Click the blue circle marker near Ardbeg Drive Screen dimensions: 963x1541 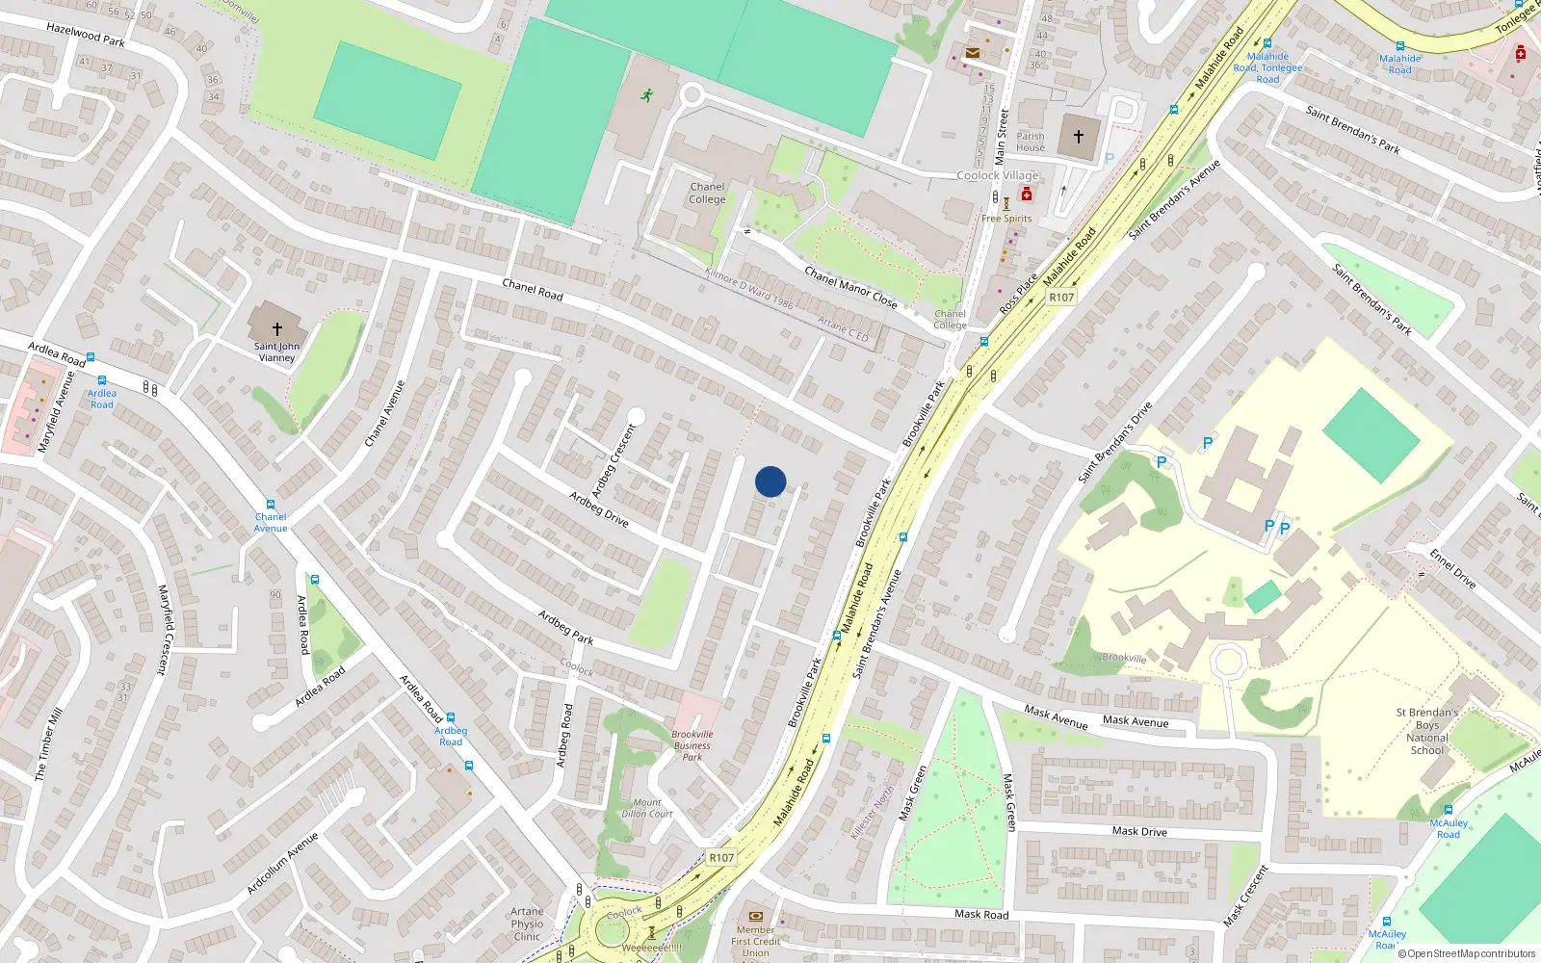click(x=770, y=481)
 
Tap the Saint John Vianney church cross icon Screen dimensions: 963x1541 click(x=276, y=329)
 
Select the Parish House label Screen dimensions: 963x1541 click(x=1030, y=142)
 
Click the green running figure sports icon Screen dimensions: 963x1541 click(x=647, y=95)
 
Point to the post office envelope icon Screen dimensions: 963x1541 click(x=973, y=53)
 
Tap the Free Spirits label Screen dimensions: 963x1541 click(x=1006, y=219)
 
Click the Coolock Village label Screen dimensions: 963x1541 click(x=998, y=175)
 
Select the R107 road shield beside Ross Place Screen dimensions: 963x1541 click(x=1061, y=298)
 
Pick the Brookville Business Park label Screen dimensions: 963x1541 click(x=692, y=745)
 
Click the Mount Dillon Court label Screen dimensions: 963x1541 click(x=647, y=808)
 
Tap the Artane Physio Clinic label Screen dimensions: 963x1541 click(x=527, y=924)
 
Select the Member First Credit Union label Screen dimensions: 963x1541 click(x=756, y=941)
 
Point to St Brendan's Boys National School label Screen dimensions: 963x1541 click(x=1427, y=731)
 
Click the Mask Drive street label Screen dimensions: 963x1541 click(x=1139, y=831)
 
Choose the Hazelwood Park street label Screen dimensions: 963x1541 click(x=86, y=35)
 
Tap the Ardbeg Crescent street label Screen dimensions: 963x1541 click(x=614, y=460)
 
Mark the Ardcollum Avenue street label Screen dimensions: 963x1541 click(x=282, y=863)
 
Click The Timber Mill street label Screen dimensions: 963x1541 click(x=48, y=743)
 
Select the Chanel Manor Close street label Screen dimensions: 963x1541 click(x=850, y=288)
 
